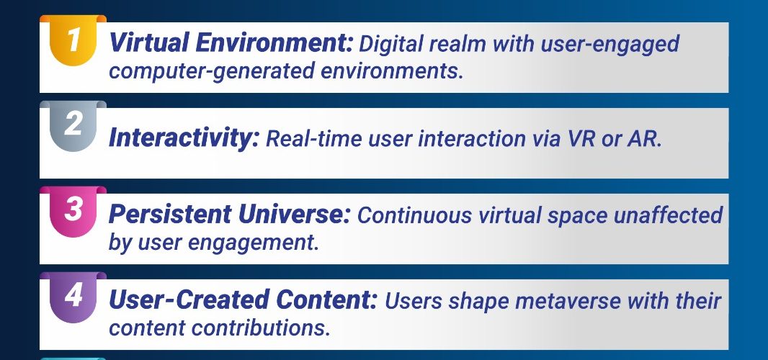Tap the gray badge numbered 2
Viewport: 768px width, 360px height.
(73, 126)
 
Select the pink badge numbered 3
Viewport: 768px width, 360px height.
(73, 212)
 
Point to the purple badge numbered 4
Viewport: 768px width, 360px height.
(73, 297)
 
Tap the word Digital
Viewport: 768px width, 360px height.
(391, 44)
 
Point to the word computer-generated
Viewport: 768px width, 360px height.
(212, 72)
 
